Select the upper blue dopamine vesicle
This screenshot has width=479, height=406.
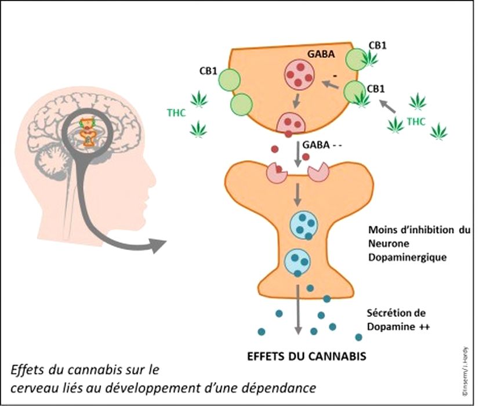[x=301, y=224]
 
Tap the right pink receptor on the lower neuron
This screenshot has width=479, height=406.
[x=318, y=172]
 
